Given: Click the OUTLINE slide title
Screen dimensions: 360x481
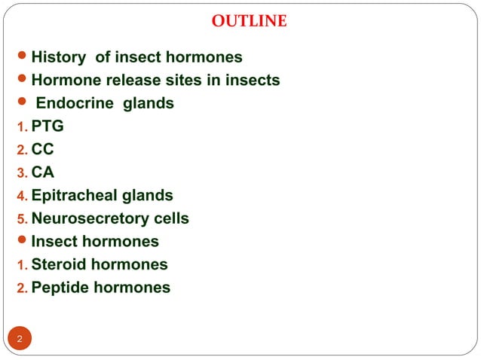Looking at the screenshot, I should (249, 21).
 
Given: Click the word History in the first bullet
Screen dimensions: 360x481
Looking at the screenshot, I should (60, 56).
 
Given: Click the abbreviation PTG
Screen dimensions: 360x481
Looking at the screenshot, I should (47, 126).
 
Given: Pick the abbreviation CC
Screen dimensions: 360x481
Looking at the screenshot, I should (43, 149).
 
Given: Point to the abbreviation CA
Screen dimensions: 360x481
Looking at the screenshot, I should (43, 172).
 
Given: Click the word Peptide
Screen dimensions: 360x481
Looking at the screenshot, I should (61, 288).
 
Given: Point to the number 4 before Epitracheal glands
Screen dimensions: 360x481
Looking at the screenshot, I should (22, 197).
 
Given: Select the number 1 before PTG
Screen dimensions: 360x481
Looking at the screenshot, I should (22, 127).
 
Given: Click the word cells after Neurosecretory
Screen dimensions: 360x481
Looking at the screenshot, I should (170, 218).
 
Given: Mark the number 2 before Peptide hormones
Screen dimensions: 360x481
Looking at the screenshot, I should (22, 288).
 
